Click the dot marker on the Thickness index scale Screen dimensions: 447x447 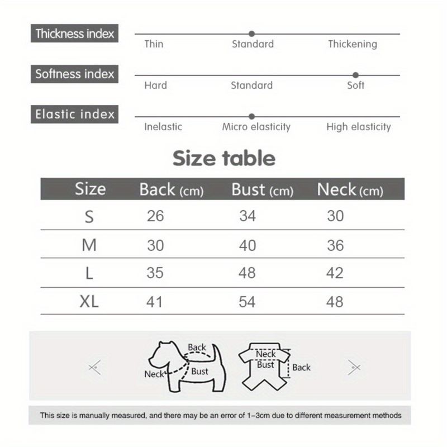251,34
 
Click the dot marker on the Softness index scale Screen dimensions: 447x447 355,75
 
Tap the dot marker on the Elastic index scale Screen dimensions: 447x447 251,116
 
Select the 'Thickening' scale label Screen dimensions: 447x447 352,44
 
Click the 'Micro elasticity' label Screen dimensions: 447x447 256,127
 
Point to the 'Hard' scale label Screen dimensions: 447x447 155,85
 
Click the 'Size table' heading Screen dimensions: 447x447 223,158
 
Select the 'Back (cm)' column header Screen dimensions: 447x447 171,190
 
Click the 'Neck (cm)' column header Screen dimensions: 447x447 350,190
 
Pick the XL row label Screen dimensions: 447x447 89,302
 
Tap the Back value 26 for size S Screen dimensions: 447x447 155,216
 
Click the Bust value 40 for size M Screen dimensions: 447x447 247,245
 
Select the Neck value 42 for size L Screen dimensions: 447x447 335,273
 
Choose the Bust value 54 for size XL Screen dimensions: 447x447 247,302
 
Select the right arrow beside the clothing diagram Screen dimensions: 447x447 354,367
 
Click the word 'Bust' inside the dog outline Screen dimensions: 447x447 199,371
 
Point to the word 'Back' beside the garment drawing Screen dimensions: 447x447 301,367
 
